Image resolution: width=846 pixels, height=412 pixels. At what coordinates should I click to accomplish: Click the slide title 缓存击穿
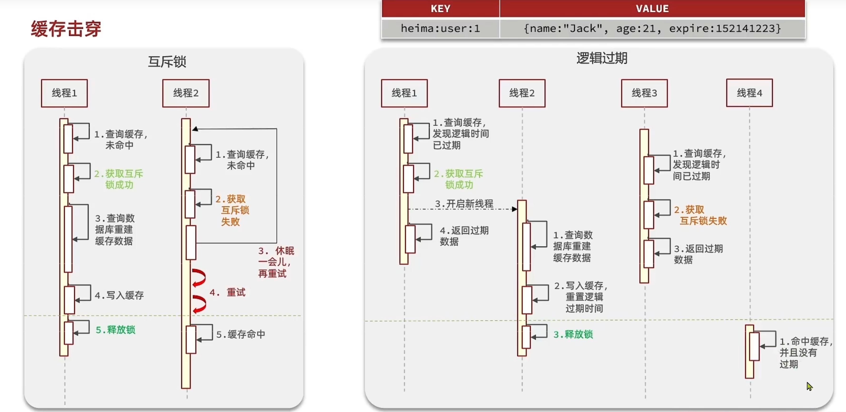[x=66, y=29]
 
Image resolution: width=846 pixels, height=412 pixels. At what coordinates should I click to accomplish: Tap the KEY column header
[x=440, y=9]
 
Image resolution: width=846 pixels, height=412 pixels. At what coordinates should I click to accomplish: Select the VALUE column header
[x=652, y=9]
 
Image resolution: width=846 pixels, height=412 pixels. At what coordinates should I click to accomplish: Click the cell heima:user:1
[x=440, y=29]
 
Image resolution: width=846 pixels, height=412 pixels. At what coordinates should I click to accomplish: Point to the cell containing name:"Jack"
[x=652, y=29]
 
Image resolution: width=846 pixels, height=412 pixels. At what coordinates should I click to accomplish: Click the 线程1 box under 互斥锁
[x=64, y=93]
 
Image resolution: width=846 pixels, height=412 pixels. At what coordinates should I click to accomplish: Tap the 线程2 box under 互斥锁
[x=186, y=93]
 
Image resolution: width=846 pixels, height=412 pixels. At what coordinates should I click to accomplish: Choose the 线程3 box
[x=644, y=93]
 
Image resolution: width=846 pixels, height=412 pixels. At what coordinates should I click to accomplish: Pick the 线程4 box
[x=749, y=93]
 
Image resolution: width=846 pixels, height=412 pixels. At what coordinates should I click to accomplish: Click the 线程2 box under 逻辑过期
[x=522, y=93]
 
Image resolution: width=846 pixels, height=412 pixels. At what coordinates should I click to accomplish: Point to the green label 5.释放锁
[x=115, y=330]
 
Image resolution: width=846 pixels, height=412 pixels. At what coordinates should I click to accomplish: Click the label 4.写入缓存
[x=119, y=295]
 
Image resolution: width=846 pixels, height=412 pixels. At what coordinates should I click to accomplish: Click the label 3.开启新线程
[x=464, y=204]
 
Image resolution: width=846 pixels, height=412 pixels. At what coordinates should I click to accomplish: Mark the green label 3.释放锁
[x=573, y=334]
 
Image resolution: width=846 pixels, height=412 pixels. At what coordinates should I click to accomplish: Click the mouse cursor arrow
[x=809, y=386]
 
